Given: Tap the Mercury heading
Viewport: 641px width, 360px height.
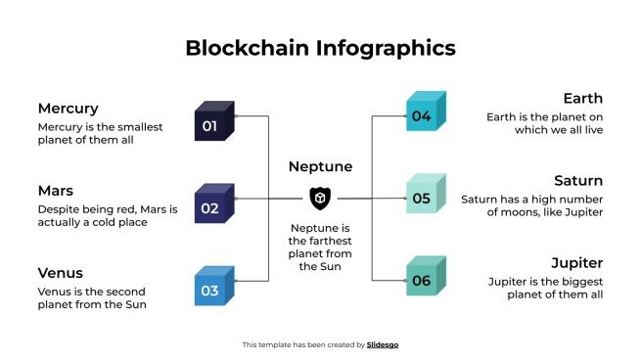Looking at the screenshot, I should [x=68, y=109].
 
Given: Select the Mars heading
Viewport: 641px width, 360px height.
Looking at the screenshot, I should [x=56, y=191].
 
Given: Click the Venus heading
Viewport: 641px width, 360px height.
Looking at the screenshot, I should [x=60, y=273].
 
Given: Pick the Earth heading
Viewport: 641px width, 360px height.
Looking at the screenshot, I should [x=582, y=99].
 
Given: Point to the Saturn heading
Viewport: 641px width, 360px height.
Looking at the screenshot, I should [x=577, y=181].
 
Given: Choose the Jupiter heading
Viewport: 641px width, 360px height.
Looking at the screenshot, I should [x=576, y=263].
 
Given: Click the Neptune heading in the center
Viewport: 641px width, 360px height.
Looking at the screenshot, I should [x=320, y=167].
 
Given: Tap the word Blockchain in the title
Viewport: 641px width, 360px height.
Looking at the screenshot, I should [x=245, y=48].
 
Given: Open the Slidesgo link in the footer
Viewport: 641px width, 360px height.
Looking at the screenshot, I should [x=383, y=344].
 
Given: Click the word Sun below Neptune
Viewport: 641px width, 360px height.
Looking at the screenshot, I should [x=331, y=266].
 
